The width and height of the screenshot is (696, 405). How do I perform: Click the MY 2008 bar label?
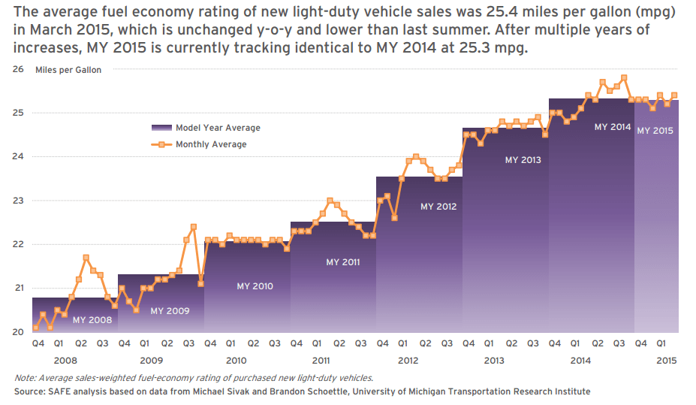coord(92,320)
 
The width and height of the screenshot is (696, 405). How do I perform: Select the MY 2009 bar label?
coord(170,310)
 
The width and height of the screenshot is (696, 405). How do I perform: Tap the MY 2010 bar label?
coord(255,286)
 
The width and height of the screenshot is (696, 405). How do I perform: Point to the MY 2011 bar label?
coord(343,262)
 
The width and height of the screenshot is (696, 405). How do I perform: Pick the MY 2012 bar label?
coord(438,206)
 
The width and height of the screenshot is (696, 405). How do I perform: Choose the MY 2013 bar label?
coord(523,159)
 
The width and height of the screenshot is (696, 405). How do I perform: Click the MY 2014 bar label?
coord(613,127)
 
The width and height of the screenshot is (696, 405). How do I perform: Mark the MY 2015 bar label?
coord(655,130)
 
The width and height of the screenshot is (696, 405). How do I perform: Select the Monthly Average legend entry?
coord(211,144)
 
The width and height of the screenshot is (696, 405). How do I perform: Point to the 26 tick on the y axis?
coord(18,69)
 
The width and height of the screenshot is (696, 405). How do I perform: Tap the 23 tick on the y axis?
coord(18,201)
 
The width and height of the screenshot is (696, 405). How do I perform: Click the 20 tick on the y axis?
coord(18,332)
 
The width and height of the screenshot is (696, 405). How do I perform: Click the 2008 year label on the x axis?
coord(65,360)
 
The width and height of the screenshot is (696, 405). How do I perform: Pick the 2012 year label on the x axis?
coord(408,360)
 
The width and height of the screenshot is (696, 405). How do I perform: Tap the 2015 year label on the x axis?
coord(666,360)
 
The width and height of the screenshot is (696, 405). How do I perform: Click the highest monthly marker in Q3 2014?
coord(624,77)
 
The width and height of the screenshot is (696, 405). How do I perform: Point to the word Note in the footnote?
coord(25,378)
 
